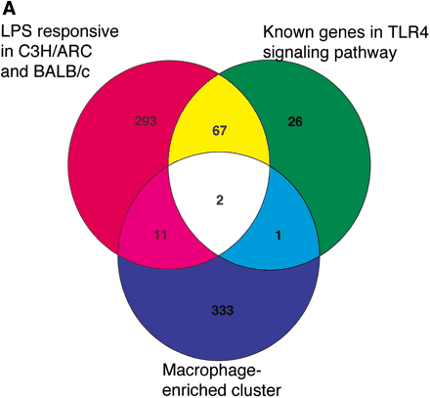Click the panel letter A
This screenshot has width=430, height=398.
pyautogui.click(x=9, y=8)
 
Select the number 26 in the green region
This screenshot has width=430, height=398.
pyautogui.click(x=295, y=121)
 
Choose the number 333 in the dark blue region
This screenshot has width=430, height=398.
pyautogui.click(x=221, y=310)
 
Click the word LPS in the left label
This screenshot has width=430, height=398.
pyautogui.click(x=17, y=31)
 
